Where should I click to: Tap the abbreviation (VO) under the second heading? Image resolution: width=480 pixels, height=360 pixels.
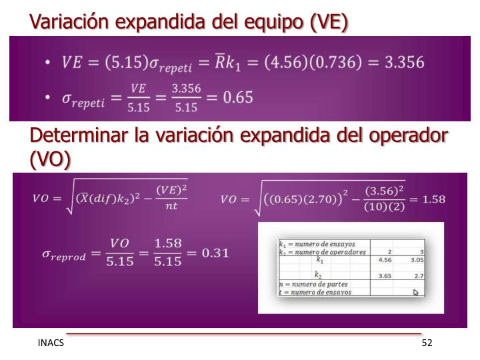pos(50,160)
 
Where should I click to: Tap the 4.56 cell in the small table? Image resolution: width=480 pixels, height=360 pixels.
pos(385,260)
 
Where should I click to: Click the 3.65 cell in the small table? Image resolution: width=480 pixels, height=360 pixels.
pos(385,275)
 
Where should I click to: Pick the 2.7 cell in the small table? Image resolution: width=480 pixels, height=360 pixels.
pos(417,275)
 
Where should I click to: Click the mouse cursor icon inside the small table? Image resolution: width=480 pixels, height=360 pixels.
pos(416,291)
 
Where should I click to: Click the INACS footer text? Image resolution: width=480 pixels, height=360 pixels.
pos(51,343)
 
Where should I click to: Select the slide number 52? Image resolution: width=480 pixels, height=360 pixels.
pos(427,343)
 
